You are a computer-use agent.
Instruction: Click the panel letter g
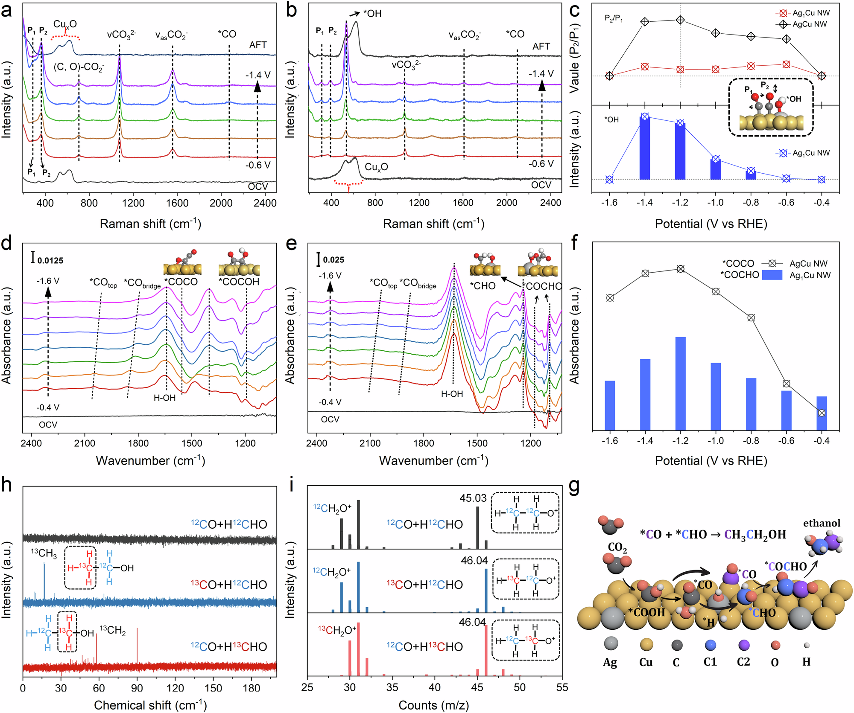pyautogui.click(x=574, y=486)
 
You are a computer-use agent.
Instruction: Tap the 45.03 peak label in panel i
pyautogui.click(x=473, y=498)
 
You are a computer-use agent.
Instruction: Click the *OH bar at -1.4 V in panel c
pyautogui.click(x=645, y=147)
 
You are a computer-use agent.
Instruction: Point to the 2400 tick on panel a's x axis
pyautogui.click(x=265, y=203)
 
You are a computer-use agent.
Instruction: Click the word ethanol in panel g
pyautogui.click(x=822, y=523)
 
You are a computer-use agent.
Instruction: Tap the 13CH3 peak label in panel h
pyautogui.click(x=44, y=553)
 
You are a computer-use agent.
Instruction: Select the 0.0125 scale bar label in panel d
pyautogui.click(x=50, y=260)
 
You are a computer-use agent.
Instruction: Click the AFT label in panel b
pyautogui.click(x=541, y=46)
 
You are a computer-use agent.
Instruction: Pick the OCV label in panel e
pyautogui.click(x=330, y=419)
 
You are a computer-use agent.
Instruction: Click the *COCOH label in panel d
pyautogui.click(x=239, y=282)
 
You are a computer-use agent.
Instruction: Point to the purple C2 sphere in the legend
pyautogui.click(x=743, y=645)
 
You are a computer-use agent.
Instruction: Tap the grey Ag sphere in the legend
pyautogui.click(x=611, y=643)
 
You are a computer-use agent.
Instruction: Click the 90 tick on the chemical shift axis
pyautogui.click(x=137, y=687)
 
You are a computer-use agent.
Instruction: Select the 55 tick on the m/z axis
pyautogui.click(x=562, y=687)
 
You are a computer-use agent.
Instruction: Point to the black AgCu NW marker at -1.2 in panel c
pyautogui.click(x=681, y=20)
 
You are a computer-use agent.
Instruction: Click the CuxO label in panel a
pyautogui.click(x=65, y=24)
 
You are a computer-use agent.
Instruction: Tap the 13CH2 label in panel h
pyautogui.click(x=113, y=630)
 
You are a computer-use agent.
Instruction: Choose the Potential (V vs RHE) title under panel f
pyautogui.click(x=711, y=460)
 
